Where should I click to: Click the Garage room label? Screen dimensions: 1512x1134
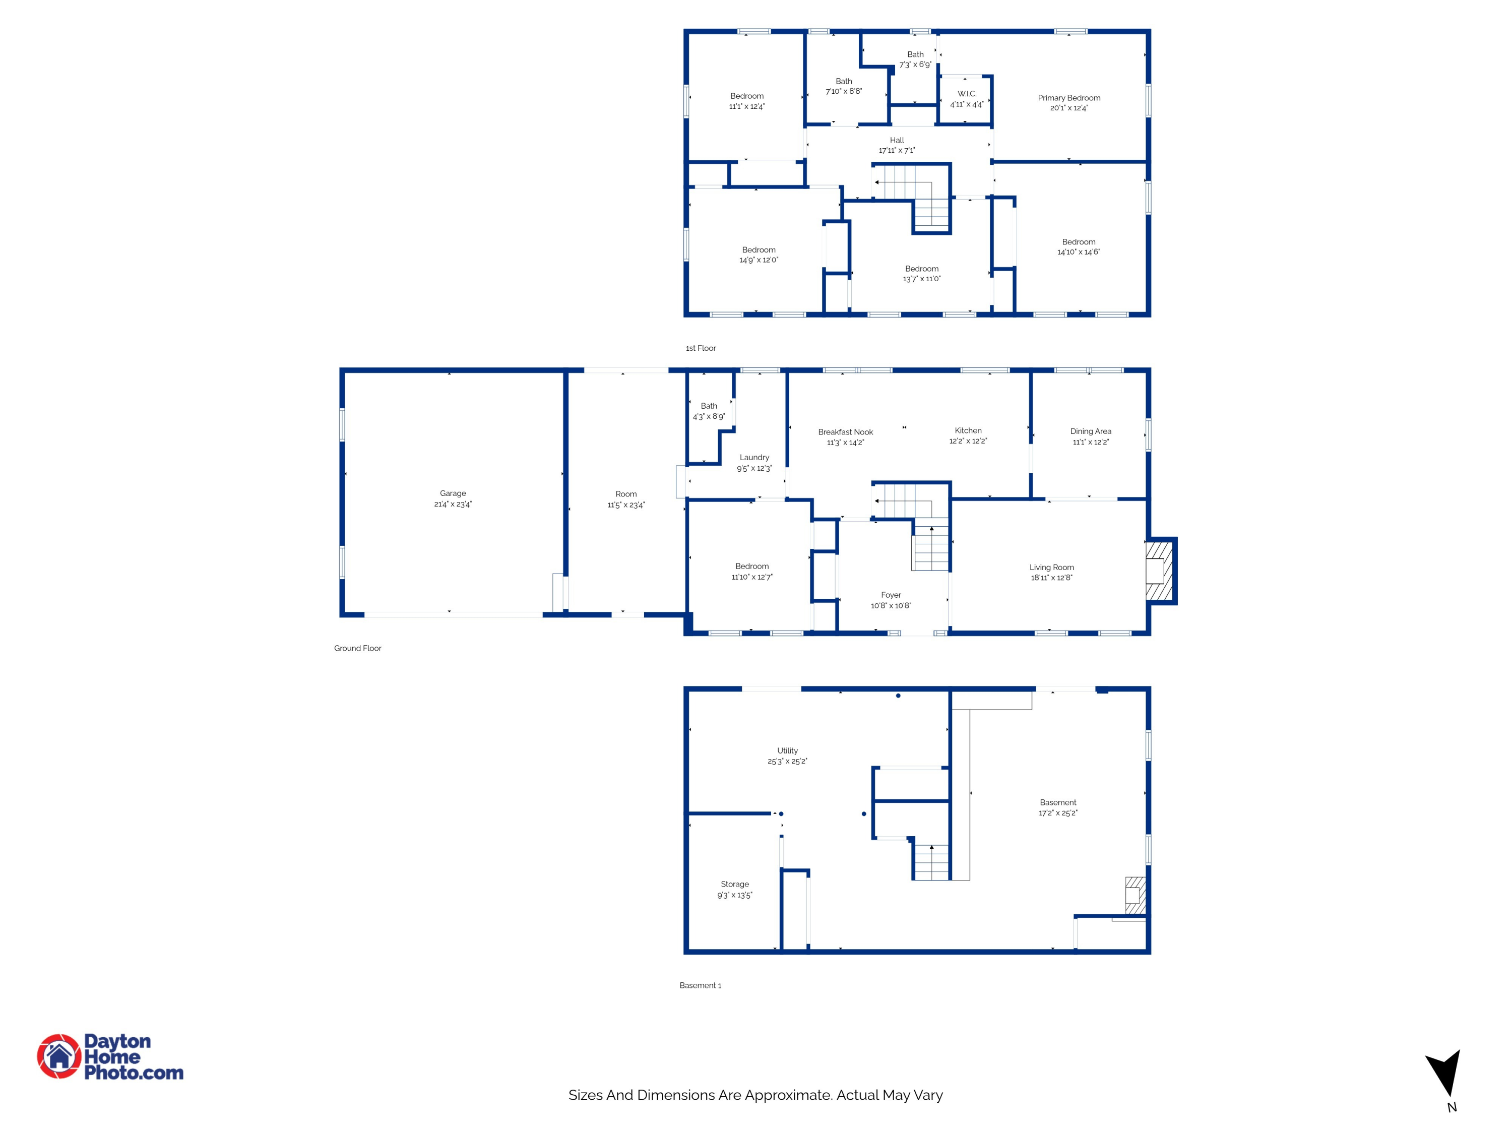(453, 493)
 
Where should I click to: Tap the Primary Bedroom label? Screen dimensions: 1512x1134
(1069, 98)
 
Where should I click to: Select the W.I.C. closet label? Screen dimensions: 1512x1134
(967, 94)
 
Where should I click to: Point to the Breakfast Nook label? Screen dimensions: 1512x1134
(846, 432)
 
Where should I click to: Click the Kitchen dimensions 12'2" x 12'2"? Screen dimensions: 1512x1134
(968, 441)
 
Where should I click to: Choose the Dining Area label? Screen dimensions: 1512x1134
(1091, 431)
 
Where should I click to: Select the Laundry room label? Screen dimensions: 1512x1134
(754, 457)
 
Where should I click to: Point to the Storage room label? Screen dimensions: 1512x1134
(735, 884)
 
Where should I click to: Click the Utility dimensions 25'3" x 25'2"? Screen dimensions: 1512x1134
(787, 761)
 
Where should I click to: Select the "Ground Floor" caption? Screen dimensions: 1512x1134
(357, 648)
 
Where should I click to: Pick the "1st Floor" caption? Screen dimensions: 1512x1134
(701, 348)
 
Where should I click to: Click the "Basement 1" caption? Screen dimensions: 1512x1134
(700, 985)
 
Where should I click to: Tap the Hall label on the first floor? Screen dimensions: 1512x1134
(897, 140)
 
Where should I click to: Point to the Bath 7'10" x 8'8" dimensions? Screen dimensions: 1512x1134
(844, 91)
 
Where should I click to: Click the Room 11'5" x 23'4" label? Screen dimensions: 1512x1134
(625, 499)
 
